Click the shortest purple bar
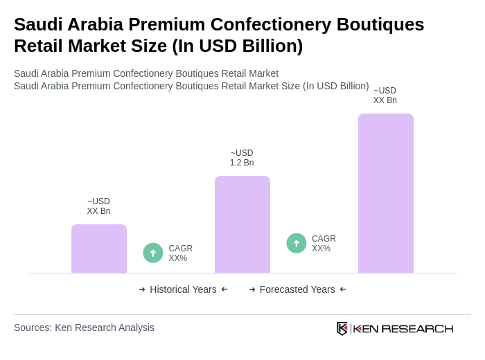tap(99, 249)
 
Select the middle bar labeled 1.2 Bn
tap(242, 224)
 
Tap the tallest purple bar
tap(386, 193)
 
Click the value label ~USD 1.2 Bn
tap(242, 158)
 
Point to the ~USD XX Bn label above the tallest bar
tap(385, 96)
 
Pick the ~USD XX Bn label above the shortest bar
tap(98, 206)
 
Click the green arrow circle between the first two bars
tap(153, 253)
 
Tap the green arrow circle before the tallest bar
tap(297, 243)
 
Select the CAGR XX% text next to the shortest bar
tap(180, 253)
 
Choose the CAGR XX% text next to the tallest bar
tap(324, 244)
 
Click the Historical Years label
tap(183, 289)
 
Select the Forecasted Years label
tap(297, 289)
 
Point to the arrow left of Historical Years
tap(142, 289)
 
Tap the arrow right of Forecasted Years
tap(343, 289)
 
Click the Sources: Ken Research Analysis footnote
tap(84, 327)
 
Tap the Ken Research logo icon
tap(342, 328)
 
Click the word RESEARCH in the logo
tap(417, 328)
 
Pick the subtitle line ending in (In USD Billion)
tap(191, 86)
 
